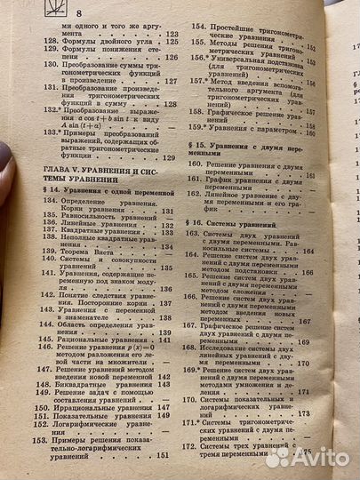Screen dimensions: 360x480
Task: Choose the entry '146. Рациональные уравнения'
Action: pos(99,340)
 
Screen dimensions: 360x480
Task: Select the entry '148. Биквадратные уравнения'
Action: pos(97,388)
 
